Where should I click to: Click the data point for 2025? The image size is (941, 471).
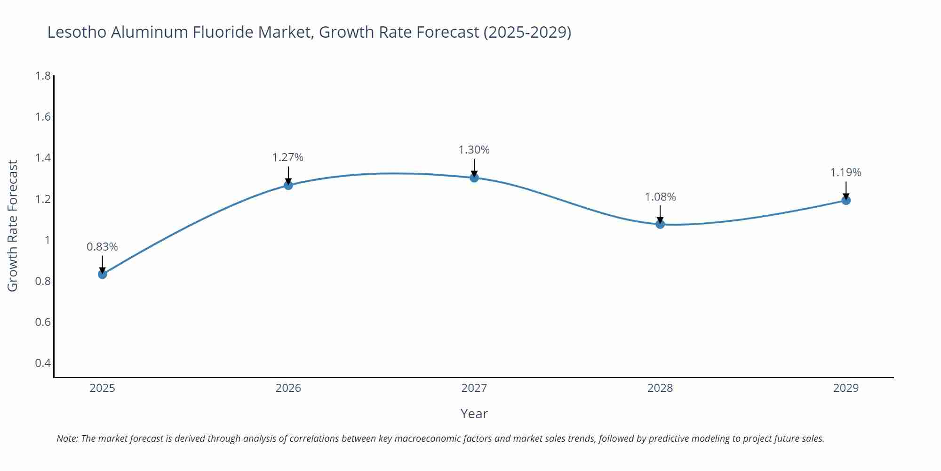pos(103,274)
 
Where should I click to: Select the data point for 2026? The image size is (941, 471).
pos(288,185)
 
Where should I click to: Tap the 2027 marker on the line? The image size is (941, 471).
pos(474,178)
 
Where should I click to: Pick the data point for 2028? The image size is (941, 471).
pos(660,224)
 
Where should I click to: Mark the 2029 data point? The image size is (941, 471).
pos(846,200)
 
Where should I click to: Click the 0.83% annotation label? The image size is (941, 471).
pos(102,247)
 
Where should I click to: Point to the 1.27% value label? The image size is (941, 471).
pos(288,157)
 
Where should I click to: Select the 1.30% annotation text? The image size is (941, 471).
pos(474,150)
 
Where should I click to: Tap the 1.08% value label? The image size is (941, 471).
pos(660,197)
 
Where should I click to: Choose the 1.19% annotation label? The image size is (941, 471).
pos(845,172)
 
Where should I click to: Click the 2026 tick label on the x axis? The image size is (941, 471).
pos(288,388)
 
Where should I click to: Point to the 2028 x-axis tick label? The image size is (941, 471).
pos(660,388)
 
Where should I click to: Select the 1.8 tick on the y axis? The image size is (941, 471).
pos(43,76)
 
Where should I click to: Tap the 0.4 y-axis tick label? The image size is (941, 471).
pos(43,363)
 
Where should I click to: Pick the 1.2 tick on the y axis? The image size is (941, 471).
pos(43,199)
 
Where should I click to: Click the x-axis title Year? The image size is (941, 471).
pos(474,414)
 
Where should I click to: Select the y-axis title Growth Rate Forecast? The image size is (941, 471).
pos(13,226)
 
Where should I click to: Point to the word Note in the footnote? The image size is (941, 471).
pos(67,439)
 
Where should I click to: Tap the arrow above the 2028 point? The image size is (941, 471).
pos(660,213)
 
